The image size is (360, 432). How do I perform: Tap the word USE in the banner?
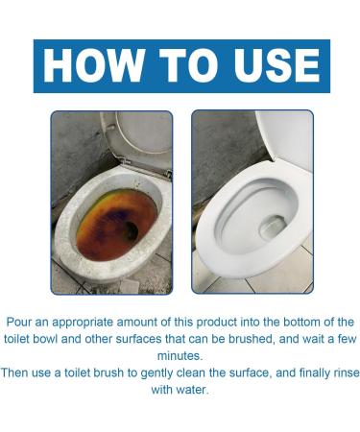pyautogui.click(x=270, y=65)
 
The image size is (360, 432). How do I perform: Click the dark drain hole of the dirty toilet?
pyautogui.click(x=129, y=230)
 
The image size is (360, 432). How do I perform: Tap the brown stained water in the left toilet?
pyautogui.click(x=106, y=226)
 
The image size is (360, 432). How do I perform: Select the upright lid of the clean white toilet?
pyautogui.click(x=286, y=144)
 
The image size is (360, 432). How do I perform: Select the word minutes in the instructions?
pyautogui.click(x=180, y=353)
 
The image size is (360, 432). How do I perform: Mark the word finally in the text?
pyautogui.click(x=297, y=370)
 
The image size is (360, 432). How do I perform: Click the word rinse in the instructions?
pyautogui.click(x=334, y=370)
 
